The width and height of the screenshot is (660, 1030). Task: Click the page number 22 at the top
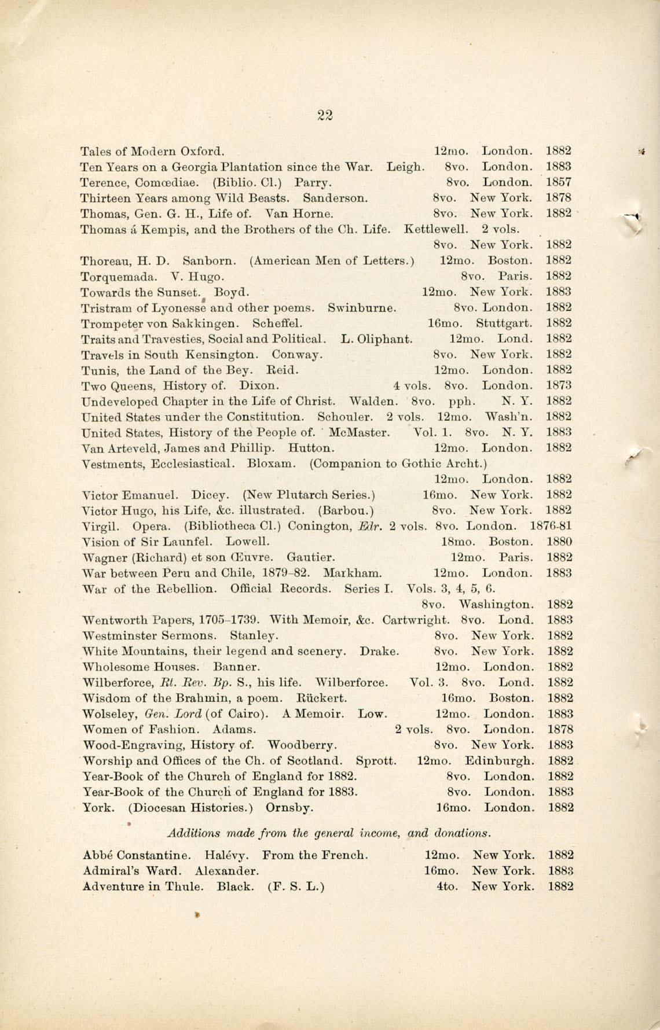click(x=325, y=115)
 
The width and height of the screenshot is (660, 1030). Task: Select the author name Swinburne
click(x=362, y=307)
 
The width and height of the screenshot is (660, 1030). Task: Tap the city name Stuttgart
click(x=504, y=323)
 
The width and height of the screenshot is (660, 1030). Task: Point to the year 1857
click(x=559, y=182)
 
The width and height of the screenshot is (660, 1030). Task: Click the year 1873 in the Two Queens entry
click(x=559, y=385)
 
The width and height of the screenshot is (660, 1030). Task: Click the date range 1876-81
click(x=551, y=527)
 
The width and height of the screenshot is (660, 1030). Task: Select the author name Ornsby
click(x=289, y=807)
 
